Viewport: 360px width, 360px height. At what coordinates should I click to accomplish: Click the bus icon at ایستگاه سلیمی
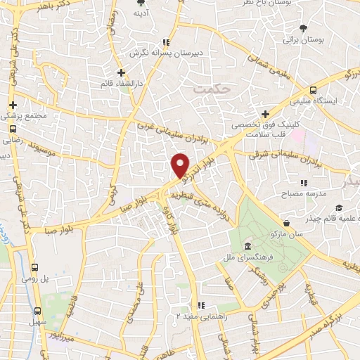tap(313, 90)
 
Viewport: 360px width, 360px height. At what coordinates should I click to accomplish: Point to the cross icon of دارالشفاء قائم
tap(121, 72)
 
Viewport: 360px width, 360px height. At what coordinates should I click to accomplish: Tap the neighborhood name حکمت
tap(205, 90)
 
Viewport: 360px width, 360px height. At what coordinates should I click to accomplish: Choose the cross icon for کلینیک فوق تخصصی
tap(264, 114)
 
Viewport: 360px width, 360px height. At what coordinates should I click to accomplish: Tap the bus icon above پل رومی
tap(36, 267)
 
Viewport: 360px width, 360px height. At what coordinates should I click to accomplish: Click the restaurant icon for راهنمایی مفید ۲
tap(201, 306)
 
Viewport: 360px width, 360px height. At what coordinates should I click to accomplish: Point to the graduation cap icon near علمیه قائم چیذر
tap(340, 208)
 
